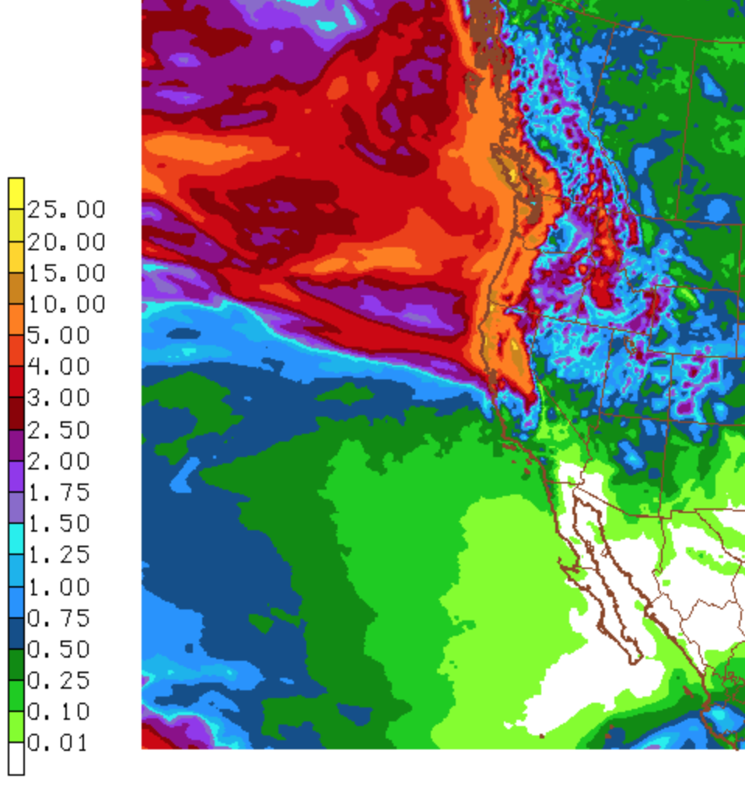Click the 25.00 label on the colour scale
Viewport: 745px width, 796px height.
66,210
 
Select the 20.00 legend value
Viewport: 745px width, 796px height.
66,242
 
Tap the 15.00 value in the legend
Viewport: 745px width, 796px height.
66,273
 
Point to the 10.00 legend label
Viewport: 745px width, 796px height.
66,304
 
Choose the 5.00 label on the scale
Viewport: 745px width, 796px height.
59,336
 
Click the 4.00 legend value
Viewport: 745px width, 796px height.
59,367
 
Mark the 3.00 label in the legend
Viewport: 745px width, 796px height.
59,398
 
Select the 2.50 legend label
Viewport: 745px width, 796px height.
59,430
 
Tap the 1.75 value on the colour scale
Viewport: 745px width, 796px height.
59,493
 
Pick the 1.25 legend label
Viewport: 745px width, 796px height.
59,555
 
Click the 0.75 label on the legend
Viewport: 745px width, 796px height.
59,618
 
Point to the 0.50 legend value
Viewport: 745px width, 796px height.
59,649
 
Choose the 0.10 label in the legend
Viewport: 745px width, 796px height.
59,712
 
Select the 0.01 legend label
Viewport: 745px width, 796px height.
59,743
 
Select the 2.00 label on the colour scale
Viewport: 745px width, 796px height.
59,461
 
